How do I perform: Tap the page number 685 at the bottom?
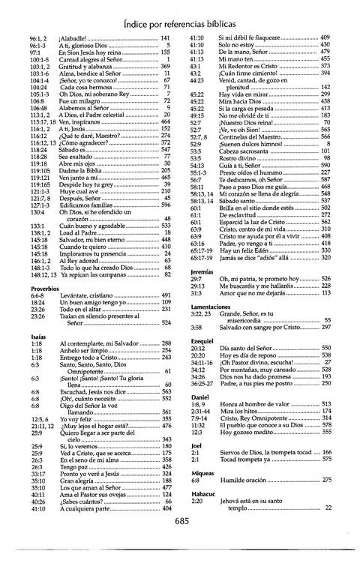pos(180,544)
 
